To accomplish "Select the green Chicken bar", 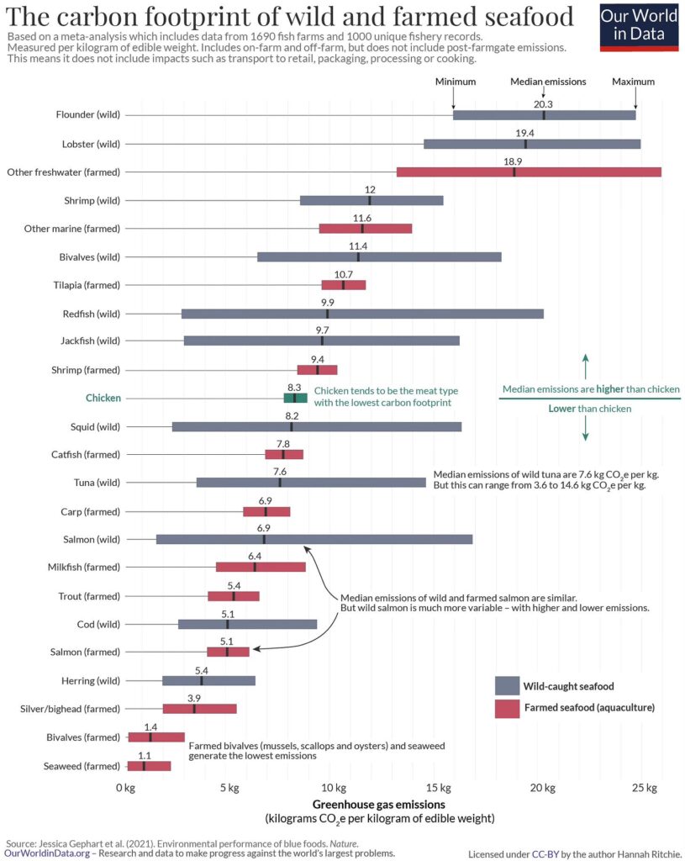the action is click(295, 398).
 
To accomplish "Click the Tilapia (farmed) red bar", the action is click(344, 285).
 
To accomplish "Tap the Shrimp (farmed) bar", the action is click(317, 370).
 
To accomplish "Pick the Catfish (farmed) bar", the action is click(284, 455).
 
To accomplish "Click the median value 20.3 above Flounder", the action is click(544, 104).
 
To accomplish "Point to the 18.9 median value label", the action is click(513, 161).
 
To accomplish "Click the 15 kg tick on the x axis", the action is click(439, 788).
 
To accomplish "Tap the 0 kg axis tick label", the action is click(125, 788).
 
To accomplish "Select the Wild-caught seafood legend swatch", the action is click(507, 686).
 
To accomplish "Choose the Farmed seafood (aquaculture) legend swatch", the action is click(507, 708).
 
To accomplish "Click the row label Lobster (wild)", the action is click(91, 144).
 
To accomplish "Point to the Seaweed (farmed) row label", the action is click(82, 766).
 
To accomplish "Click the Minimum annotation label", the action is click(456, 82).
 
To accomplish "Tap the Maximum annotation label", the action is click(634, 82).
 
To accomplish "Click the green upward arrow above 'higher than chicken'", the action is click(586, 367).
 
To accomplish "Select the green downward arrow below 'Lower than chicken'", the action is click(586, 428).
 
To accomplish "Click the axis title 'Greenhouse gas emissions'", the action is click(379, 805).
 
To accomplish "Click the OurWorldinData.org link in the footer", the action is click(47, 853).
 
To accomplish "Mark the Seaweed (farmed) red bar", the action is click(149, 766).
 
